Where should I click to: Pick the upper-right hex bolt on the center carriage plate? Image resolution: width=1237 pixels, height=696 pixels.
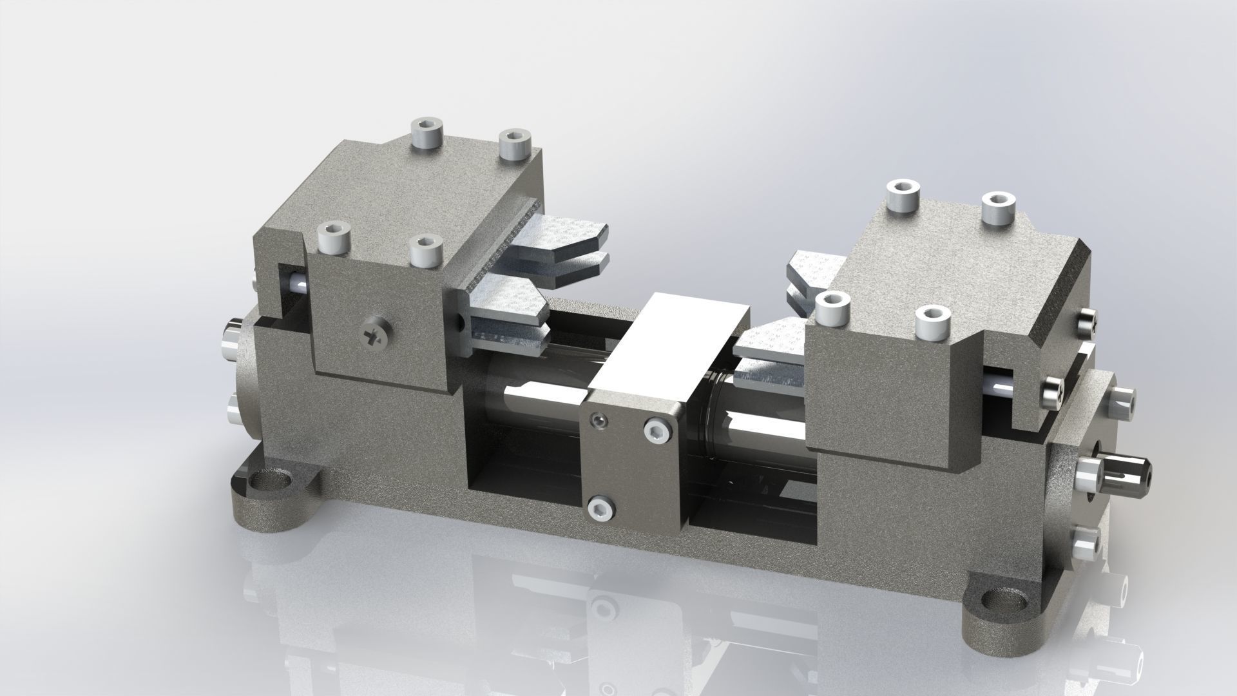(x=657, y=434)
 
